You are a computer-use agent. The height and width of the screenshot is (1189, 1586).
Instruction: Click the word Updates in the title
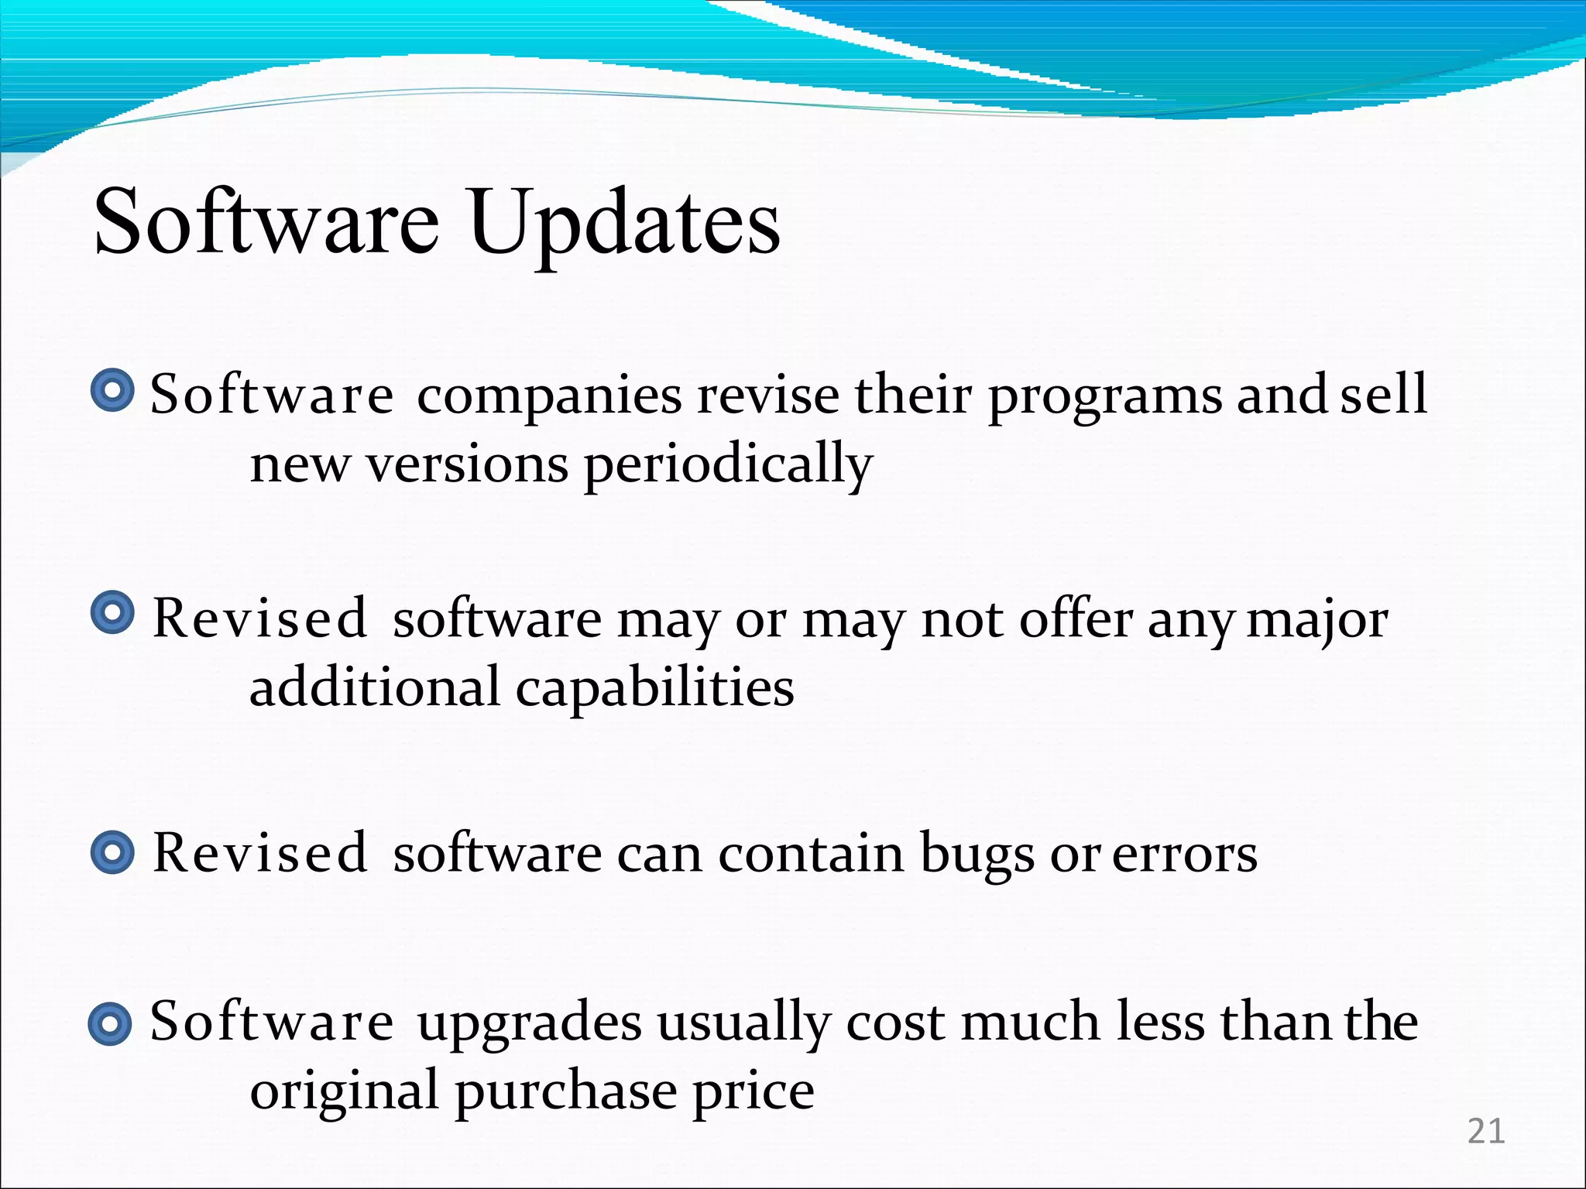click(x=624, y=223)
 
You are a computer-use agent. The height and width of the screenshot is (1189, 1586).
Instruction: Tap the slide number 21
click(x=1486, y=1132)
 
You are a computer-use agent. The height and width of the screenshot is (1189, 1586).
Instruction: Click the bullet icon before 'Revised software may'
click(x=112, y=614)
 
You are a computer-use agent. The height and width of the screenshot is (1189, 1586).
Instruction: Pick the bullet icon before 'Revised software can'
click(x=112, y=853)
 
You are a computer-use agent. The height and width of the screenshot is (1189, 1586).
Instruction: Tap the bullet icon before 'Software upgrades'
click(x=110, y=1023)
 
